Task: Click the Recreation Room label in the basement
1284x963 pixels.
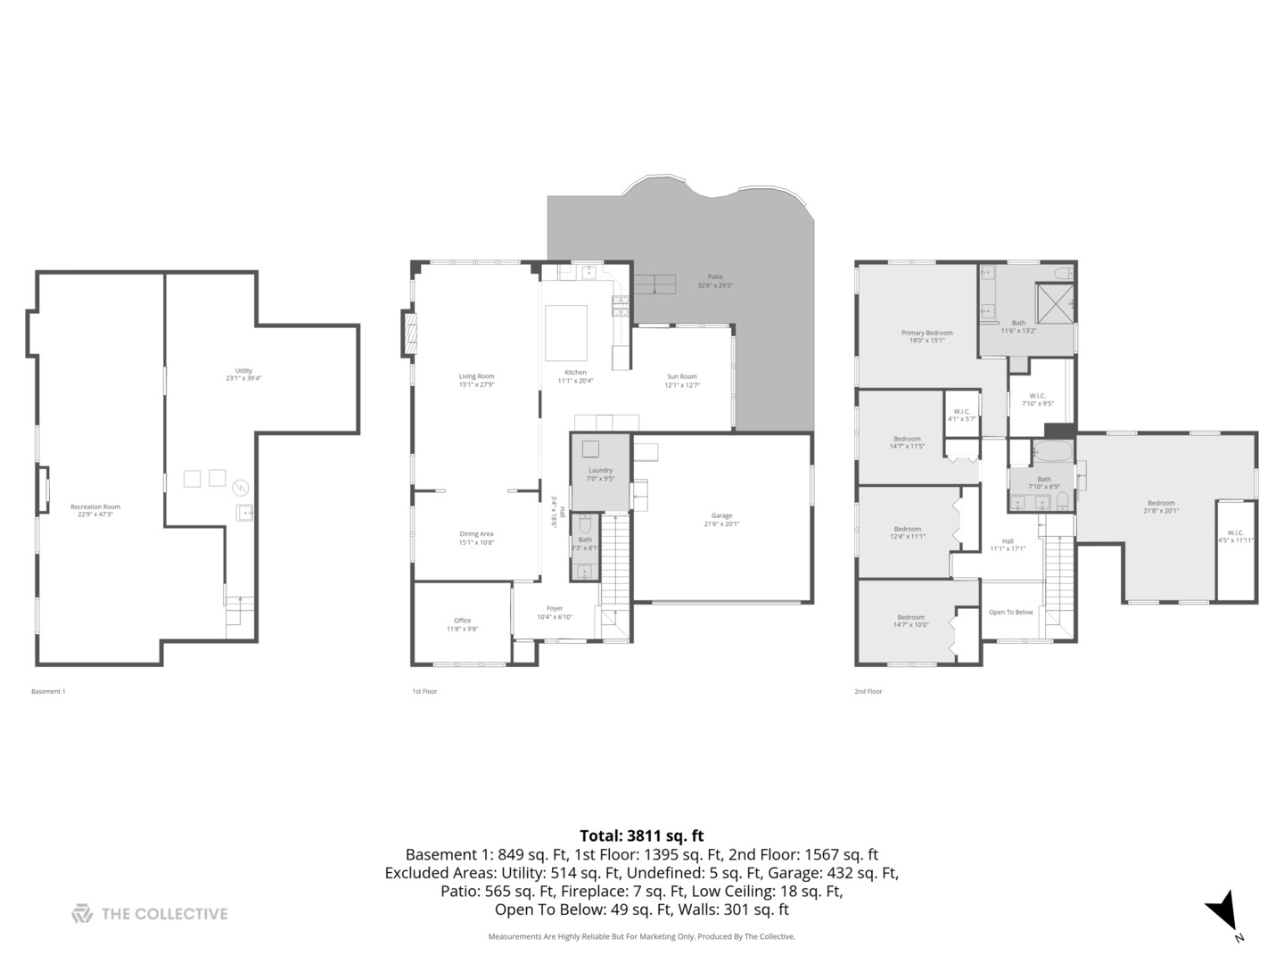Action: (95, 510)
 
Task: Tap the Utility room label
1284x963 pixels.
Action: (243, 374)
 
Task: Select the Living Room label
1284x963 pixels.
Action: (476, 380)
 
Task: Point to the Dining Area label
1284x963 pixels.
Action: (476, 538)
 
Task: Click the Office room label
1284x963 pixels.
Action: (462, 624)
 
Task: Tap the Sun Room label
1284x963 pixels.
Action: (682, 381)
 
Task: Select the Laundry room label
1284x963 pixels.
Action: (600, 473)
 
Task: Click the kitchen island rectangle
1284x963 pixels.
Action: (566, 332)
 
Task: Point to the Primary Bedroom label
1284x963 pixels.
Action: (926, 336)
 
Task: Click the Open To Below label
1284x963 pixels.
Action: (1011, 612)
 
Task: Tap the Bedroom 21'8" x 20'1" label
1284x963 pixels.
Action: (1161, 506)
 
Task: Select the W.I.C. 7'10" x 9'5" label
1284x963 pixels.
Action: (1037, 399)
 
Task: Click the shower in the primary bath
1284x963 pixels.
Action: (1054, 301)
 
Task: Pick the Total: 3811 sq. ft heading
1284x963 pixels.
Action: (641, 835)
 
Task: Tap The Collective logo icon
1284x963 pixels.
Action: (82, 913)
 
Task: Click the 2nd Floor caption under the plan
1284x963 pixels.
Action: (868, 691)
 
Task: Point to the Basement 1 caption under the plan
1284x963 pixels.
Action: (48, 691)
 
